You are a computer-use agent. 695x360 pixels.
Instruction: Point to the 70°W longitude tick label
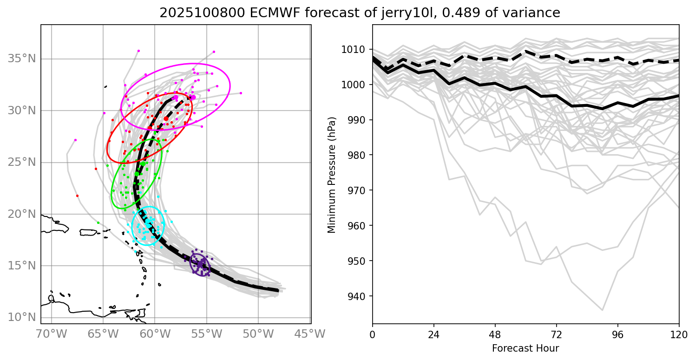click(x=51, y=334)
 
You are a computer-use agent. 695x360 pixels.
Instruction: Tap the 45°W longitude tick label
click(x=310, y=334)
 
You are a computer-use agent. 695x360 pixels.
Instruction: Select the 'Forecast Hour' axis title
click(x=525, y=348)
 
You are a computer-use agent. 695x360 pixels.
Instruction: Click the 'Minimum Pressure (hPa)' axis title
click(x=331, y=174)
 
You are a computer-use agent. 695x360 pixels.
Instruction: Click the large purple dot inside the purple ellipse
click(x=200, y=264)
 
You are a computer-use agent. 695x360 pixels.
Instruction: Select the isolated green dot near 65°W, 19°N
click(x=98, y=223)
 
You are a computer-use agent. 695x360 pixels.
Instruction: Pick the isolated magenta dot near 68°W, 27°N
click(x=75, y=140)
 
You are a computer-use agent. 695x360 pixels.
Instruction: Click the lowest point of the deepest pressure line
click(x=603, y=310)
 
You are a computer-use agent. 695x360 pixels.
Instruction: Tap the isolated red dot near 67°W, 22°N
click(x=77, y=196)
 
